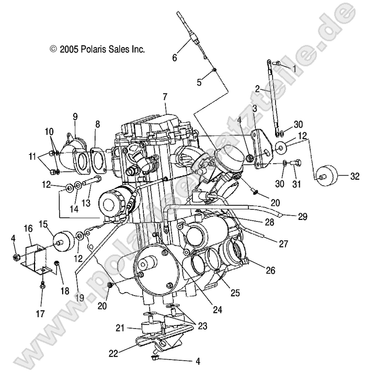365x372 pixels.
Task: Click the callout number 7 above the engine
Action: click(x=165, y=97)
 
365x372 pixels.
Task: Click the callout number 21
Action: click(x=119, y=328)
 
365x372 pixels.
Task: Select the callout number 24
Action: click(x=218, y=310)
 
